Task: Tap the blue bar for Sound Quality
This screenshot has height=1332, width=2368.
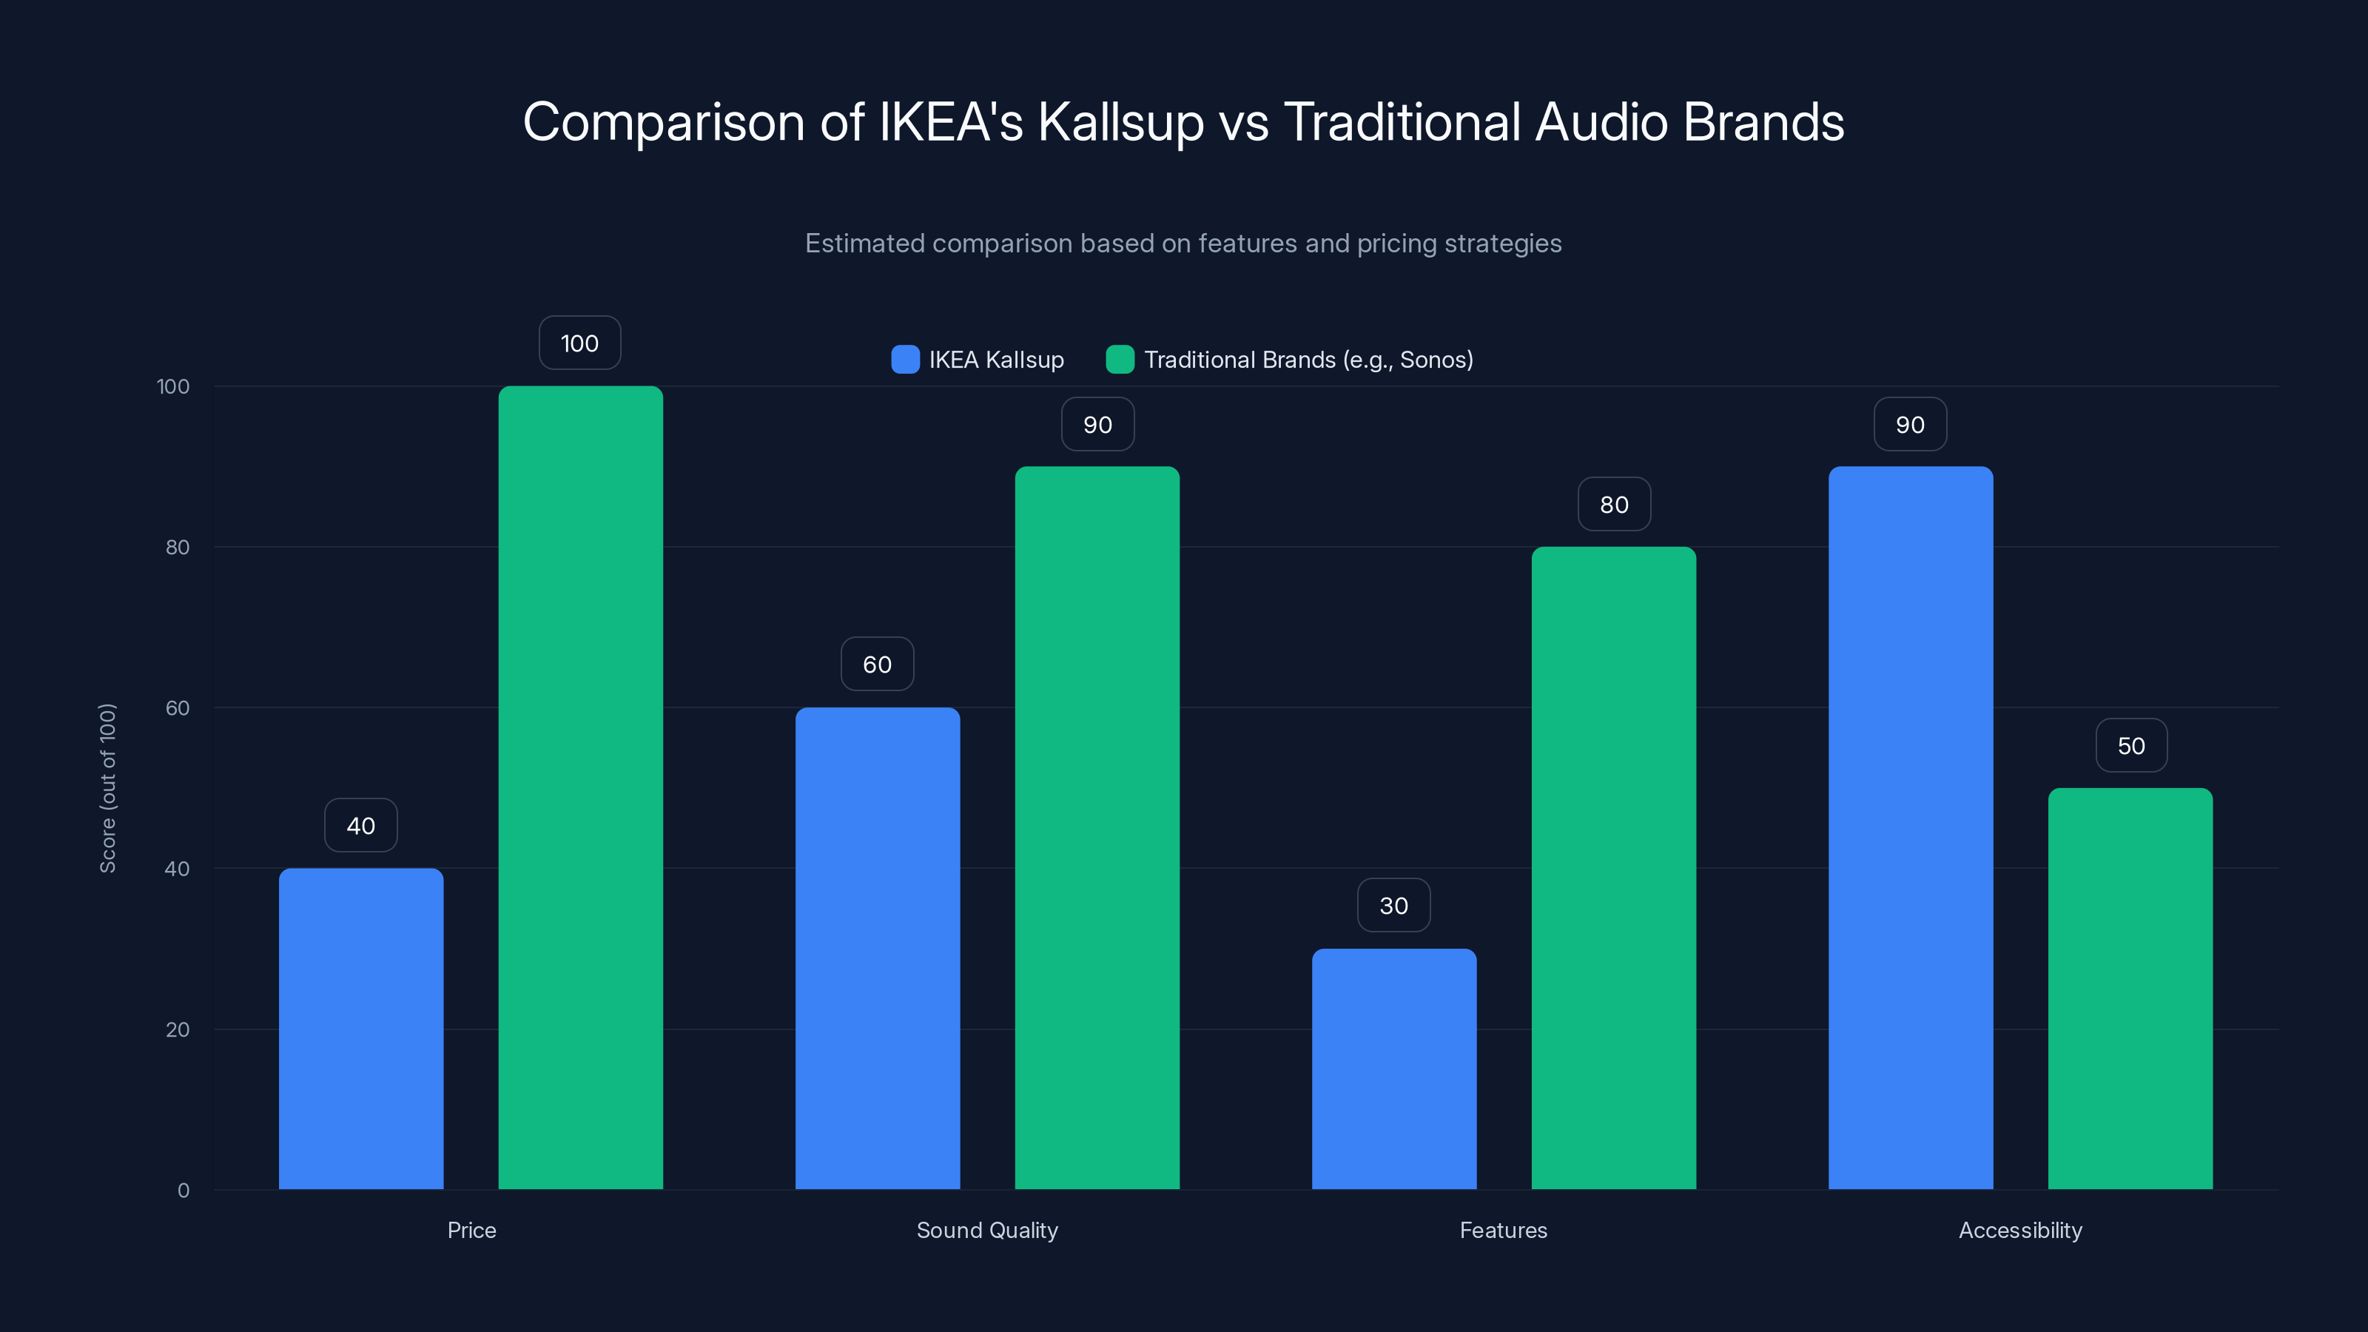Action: click(x=877, y=948)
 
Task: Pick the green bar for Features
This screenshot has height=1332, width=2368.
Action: click(x=1613, y=868)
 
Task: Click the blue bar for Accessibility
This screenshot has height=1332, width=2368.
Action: click(x=1910, y=827)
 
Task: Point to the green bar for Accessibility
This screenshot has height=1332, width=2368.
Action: click(x=2130, y=988)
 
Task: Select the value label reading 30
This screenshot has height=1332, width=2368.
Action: click(x=1393, y=906)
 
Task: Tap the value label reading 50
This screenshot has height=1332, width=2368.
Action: click(x=2131, y=745)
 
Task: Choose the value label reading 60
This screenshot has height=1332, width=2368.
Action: click(x=877, y=665)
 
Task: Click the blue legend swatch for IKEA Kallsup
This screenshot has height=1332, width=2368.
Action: click(x=906, y=360)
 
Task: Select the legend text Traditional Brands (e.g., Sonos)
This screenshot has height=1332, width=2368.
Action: click(x=1308, y=360)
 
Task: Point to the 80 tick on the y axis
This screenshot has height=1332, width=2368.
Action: click(x=178, y=547)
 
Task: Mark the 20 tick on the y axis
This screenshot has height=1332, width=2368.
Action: click(x=178, y=1029)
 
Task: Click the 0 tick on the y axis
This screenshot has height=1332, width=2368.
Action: click(x=183, y=1191)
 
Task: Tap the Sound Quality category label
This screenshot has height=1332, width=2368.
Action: click(x=987, y=1230)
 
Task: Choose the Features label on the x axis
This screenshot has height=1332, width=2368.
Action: click(x=1503, y=1230)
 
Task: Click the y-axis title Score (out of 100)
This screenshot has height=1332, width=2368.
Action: click(x=107, y=788)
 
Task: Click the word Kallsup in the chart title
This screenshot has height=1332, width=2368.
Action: click(x=1120, y=122)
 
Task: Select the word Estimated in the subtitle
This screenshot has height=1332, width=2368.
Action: click(x=864, y=243)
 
